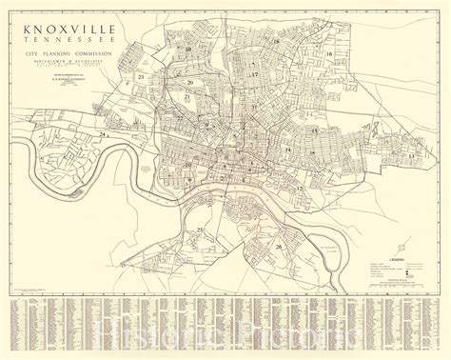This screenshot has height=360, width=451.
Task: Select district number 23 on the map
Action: tap(140, 74)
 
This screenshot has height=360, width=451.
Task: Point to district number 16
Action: tap(328, 55)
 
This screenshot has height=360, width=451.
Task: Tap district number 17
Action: tap(255, 73)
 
